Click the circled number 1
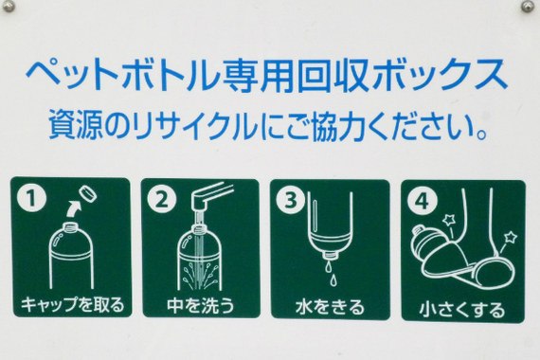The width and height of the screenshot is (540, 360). coord(31,198)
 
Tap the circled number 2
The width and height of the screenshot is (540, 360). coord(161,199)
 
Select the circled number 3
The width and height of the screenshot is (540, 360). coord(291,200)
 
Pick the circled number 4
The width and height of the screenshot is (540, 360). coord(423,201)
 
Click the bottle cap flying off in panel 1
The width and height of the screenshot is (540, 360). coord(87,194)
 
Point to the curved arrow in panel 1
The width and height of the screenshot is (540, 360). coord(73,208)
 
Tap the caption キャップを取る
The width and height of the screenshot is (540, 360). coord(73,304)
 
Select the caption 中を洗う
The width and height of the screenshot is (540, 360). coord(201,305)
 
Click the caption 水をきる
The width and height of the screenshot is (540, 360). coord(330,306)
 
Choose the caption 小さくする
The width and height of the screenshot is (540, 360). coord(461,309)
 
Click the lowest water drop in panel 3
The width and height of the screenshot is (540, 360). coord(333,280)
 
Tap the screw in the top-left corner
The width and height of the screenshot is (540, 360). coord(8,6)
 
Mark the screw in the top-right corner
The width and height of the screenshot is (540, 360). coord(528,6)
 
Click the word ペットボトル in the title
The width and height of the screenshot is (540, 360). coord(122,76)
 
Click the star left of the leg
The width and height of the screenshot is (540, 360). coord(449,220)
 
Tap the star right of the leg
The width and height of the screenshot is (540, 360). coord(511,238)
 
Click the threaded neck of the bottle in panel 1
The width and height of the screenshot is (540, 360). coord(72,226)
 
